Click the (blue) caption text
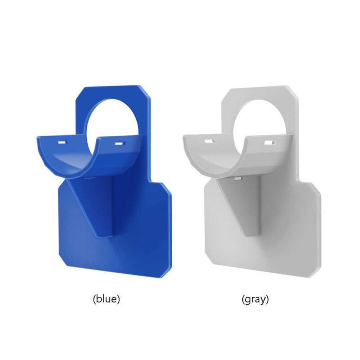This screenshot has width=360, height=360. point(106,299)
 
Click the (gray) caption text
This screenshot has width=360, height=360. point(255,299)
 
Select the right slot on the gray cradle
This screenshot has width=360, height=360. point(268,143)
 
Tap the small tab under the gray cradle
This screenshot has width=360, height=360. point(237,177)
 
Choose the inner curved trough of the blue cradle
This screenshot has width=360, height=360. point(72,160)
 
